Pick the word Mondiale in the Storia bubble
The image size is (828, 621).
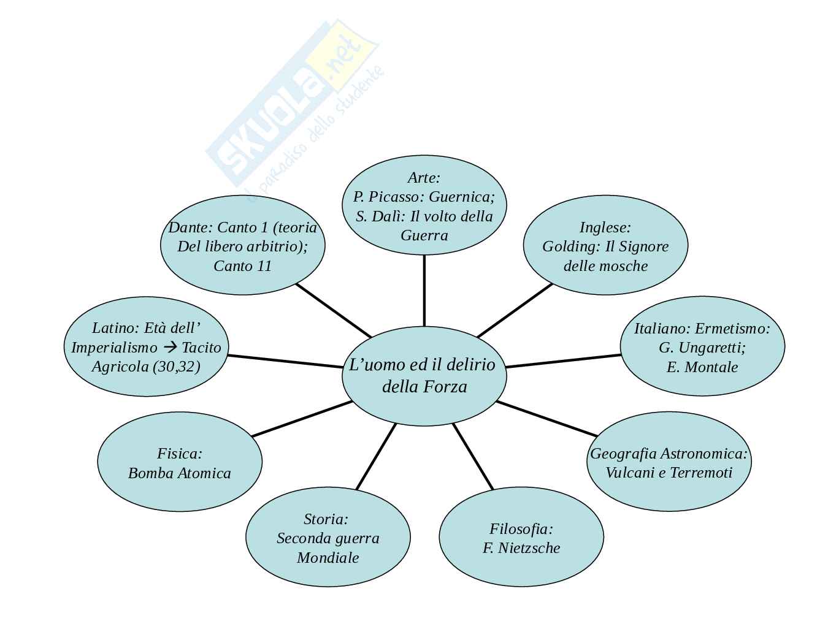tap(328, 558)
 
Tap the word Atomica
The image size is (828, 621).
tap(204, 473)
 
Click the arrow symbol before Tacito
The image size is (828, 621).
tap(169, 348)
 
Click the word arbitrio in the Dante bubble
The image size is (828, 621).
tap(274, 246)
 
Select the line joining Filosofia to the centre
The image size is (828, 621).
tap(473, 457)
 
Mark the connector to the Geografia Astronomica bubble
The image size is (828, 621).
tap(546, 419)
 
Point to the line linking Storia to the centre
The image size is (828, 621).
tap(376, 457)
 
